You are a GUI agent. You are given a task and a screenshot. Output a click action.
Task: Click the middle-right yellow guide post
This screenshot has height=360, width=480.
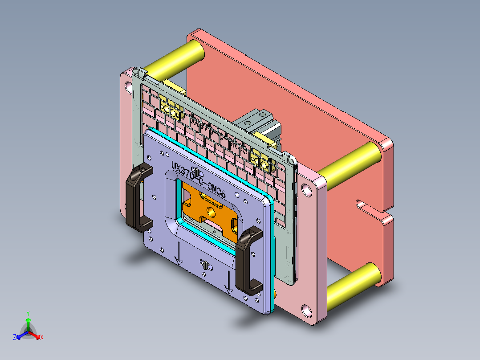(x=350, y=164)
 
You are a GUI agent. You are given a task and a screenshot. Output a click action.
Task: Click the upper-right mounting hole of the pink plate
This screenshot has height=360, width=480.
(x=306, y=190)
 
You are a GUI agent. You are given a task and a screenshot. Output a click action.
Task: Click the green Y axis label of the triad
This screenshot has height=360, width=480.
(x=28, y=313)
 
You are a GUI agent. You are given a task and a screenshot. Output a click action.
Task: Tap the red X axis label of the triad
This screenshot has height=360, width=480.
(x=42, y=337)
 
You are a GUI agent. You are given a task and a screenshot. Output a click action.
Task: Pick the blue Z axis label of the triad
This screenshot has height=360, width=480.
(x=15, y=337)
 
